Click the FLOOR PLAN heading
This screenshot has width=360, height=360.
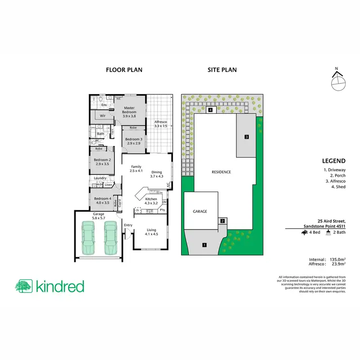coord(124,70)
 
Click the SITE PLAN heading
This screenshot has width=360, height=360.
coord(222,70)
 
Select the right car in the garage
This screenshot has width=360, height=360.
coord(110,237)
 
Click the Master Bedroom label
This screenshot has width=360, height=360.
coord(130,112)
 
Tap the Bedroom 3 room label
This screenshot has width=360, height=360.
coord(132,141)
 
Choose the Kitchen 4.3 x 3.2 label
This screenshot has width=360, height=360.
coord(152,201)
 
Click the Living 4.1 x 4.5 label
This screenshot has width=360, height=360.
coord(152,232)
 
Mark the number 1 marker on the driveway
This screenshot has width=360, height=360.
coord(204,245)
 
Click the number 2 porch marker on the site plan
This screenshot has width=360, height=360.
coord(222,221)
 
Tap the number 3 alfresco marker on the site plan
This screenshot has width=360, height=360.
coord(246,137)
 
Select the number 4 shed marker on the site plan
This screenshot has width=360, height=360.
coord(211,110)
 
